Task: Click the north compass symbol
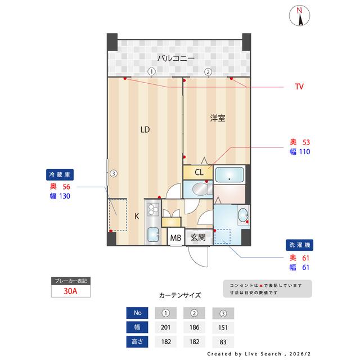pos(300,16)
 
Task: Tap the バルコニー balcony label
pos(175,58)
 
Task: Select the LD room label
pos(145,130)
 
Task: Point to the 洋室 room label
pos(218,118)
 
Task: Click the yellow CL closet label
pos(199,172)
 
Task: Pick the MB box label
pos(176,238)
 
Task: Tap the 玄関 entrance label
pos(197,238)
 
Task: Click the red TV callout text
pos(299,87)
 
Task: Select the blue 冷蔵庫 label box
pos(62,174)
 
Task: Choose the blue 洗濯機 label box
pos(299,246)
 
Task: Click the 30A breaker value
pos(70,291)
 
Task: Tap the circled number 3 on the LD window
pos(114,173)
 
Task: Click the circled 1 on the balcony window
pos(152,71)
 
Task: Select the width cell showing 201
pos(166,327)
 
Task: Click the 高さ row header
pos(138,341)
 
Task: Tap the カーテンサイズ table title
pos(180,295)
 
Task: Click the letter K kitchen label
pos(136,215)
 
